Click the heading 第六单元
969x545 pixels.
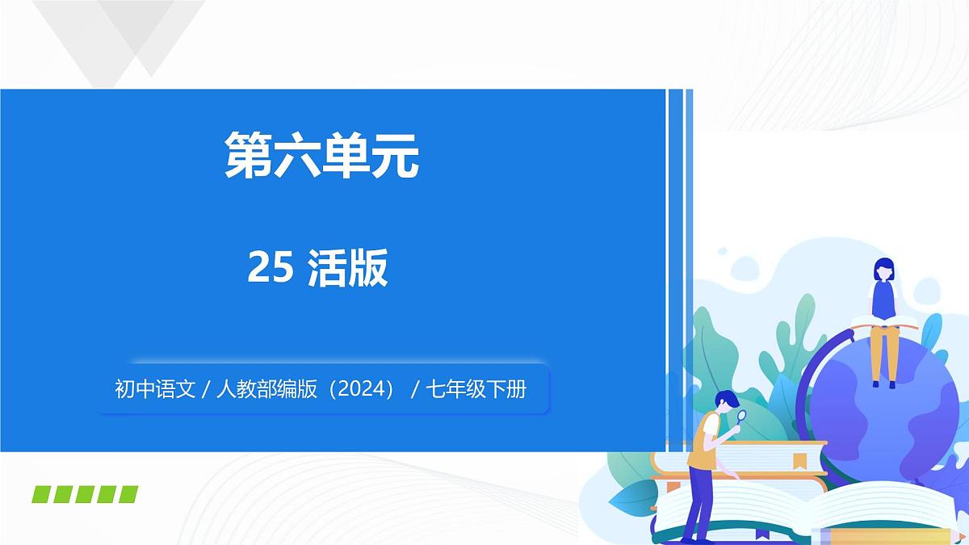(x=321, y=155)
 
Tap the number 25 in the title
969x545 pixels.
(x=270, y=268)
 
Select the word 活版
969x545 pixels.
(x=348, y=268)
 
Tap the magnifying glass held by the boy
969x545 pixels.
(x=742, y=417)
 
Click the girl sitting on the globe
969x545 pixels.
(x=883, y=315)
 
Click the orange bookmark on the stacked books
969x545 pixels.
(x=800, y=461)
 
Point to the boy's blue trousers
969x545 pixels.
(x=699, y=501)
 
